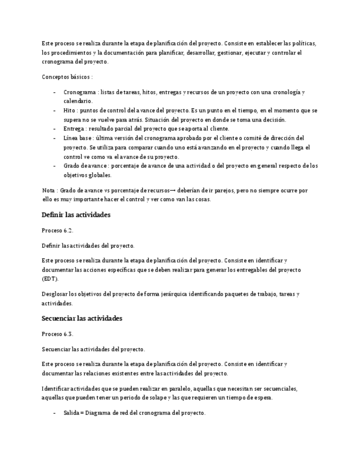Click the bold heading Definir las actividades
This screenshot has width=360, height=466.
76,215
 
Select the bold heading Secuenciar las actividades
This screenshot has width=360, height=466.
82,318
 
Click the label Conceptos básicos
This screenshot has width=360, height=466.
66,77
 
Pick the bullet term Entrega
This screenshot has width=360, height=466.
74,129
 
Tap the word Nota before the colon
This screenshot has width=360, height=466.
49,190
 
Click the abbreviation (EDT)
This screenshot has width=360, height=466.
50,279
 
